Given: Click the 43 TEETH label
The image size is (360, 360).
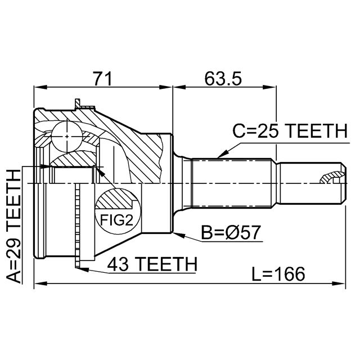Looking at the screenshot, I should point(152,263).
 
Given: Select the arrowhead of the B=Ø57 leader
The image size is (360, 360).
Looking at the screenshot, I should point(176,233).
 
